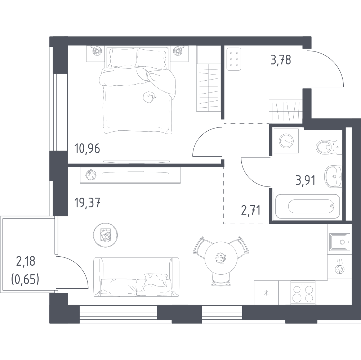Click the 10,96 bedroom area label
pyautogui.click(x=87, y=149)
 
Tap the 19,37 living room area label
pyautogui.click(x=87, y=203)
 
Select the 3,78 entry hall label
pyautogui.click(x=281, y=59)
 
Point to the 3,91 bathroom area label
pyautogui.click(x=306, y=180)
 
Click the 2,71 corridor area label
pyautogui.click(x=251, y=210)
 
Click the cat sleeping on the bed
pyautogui.click(x=150, y=97)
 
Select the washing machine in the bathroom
pyautogui.click(x=286, y=141)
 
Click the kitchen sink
pyautogui.click(x=340, y=242)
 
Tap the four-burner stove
pyautogui.click(x=302, y=293)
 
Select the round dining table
pyautogui.click(x=221, y=257)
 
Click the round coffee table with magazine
pyautogui.click(x=106, y=235)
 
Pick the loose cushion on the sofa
pyautogui.click(x=156, y=280)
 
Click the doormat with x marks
pyautogui.click(x=234, y=59)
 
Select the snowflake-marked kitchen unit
pyautogui.click(x=266, y=293)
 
